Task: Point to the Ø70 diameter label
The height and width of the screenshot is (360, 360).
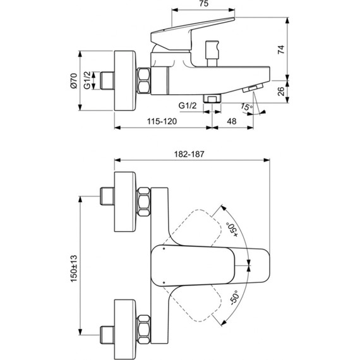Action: (73, 81)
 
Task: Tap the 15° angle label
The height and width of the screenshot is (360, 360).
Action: (245, 108)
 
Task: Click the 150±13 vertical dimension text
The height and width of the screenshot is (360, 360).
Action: (73, 269)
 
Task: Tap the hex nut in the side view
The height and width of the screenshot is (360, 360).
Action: (144, 81)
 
